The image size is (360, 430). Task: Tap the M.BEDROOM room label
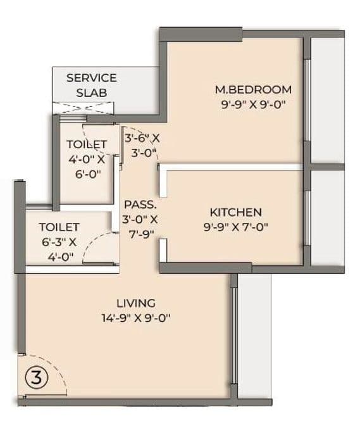(x=252, y=89)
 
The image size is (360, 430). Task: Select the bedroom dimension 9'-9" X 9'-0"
(x=252, y=105)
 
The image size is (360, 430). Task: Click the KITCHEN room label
(x=235, y=212)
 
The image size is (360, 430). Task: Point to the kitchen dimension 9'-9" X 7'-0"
(x=235, y=227)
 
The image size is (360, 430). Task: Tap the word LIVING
(x=135, y=303)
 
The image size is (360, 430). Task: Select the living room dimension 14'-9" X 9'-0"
(x=135, y=319)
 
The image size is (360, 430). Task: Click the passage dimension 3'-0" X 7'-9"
(x=140, y=227)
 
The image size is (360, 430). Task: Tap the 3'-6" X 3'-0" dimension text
(x=142, y=144)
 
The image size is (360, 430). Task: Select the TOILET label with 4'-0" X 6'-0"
(x=87, y=144)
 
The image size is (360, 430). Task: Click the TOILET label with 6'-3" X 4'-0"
(x=59, y=226)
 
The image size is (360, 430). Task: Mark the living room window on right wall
(x=235, y=336)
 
